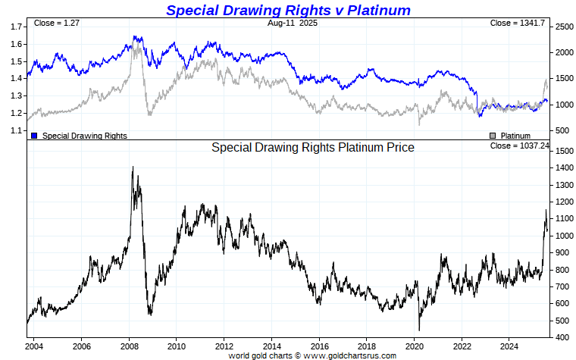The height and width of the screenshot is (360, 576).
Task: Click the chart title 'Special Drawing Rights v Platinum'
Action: pyautogui.click(x=288, y=10)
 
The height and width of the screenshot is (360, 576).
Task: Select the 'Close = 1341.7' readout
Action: pyautogui.click(x=518, y=23)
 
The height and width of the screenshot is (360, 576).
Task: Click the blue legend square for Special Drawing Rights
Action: pyautogui.click(x=35, y=136)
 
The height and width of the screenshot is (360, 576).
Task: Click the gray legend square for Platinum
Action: pyautogui.click(x=493, y=136)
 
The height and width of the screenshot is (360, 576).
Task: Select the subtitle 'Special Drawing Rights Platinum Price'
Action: pyautogui.click(x=312, y=148)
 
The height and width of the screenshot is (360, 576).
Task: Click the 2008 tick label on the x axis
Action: pyautogui.click(x=129, y=346)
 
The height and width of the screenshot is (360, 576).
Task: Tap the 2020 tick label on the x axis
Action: pyautogui.click(x=414, y=346)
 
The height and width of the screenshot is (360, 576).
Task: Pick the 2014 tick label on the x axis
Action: pyautogui.click(x=271, y=346)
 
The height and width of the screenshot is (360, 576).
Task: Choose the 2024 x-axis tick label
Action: pyautogui.click(x=509, y=346)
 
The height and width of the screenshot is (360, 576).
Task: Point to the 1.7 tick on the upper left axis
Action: pyautogui.click(x=16, y=27)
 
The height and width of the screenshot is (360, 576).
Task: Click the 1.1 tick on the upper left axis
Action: pyautogui.click(x=16, y=130)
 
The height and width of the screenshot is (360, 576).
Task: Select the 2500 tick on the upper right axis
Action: pyautogui.click(x=564, y=27)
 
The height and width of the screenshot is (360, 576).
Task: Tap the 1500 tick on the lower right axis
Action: pyautogui.click(x=564, y=152)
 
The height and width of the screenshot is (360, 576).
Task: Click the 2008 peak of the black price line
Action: pyautogui.click(x=133, y=167)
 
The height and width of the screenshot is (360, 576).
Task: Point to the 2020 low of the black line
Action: pyautogui.click(x=419, y=330)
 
